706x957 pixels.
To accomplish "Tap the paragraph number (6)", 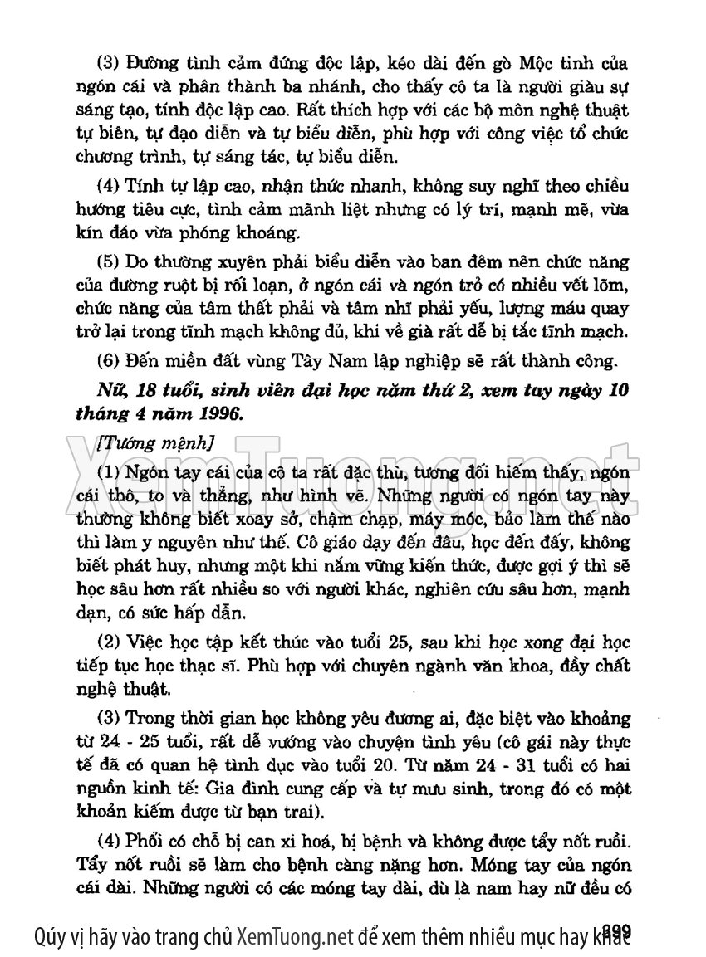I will point(110,362).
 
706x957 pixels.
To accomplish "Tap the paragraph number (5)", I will point(110,261).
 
